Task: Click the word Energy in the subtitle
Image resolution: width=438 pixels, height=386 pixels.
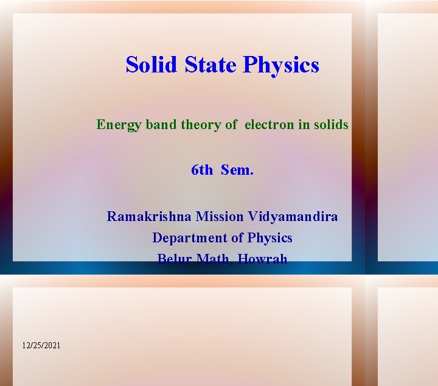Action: [x=119, y=125]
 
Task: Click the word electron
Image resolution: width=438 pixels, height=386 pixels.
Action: [x=269, y=125]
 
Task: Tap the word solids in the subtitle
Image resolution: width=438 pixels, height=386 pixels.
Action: [x=331, y=125]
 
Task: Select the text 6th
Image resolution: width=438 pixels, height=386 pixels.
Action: [x=202, y=170]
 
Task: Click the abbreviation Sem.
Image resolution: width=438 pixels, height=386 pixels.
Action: [x=237, y=170]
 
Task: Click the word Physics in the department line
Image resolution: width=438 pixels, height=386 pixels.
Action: [x=269, y=238]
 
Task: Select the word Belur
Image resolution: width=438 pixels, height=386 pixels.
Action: [x=174, y=259]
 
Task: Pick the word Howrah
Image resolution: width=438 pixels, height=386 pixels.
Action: [x=262, y=259]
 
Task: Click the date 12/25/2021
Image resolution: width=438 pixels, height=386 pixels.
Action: [x=41, y=345]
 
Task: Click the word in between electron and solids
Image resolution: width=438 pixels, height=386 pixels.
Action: [x=304, y=125]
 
